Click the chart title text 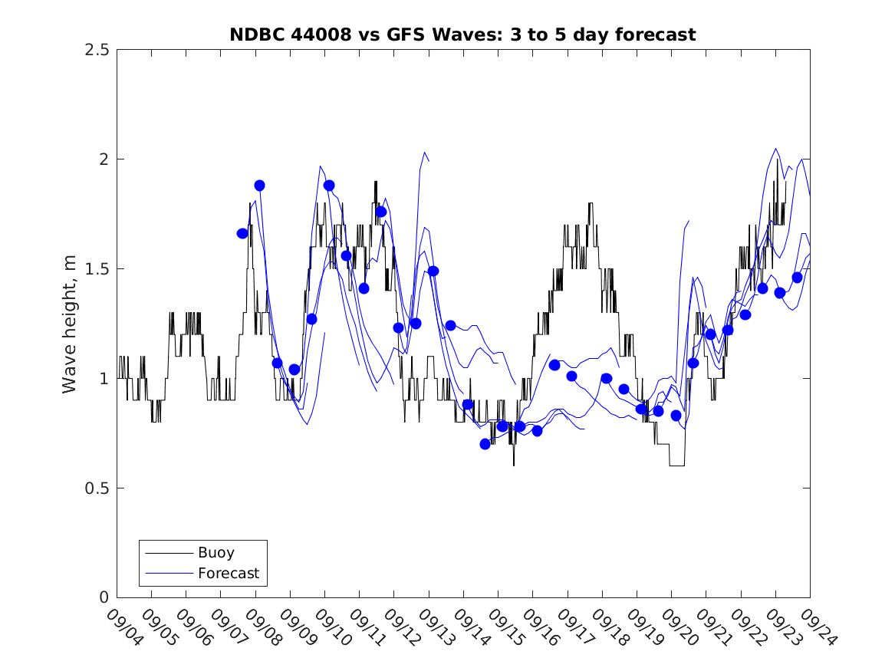click(462, 35)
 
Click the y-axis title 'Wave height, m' click(70, 324)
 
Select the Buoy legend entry click(216, 552)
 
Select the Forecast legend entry click(228, 573)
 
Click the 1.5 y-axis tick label click(94, 269)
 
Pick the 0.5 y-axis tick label click(94, 488)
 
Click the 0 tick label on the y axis click(103, 598)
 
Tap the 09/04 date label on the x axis click(124, 628)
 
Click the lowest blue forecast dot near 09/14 click(485, 444)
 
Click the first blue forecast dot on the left click(242, 233)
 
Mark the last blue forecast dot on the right click(797, 278)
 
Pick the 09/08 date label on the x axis click(263, 628)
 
